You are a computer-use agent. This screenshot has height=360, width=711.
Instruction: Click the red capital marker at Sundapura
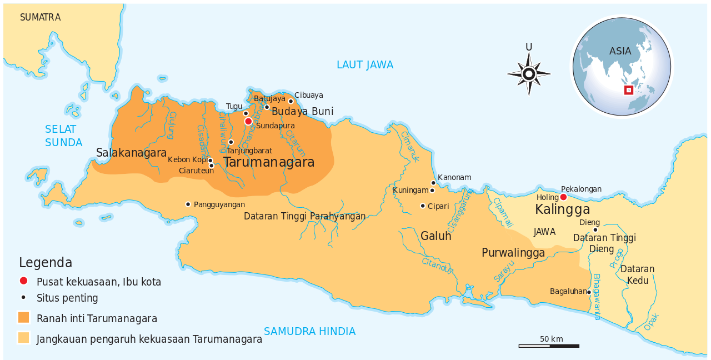pos(248,121)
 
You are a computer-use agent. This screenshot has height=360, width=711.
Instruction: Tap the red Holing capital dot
pos(563,197)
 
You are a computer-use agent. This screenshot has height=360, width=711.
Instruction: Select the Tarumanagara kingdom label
pos(269,162)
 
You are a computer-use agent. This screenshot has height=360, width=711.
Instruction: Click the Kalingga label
pos(562,210)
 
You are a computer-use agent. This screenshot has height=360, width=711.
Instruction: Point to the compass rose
pos(529,74)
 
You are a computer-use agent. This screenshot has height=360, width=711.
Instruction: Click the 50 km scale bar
pos(549,346)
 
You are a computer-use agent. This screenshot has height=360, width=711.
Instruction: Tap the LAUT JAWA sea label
pos(365,65)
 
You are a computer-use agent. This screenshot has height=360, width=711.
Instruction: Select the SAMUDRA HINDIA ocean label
pos(309,332)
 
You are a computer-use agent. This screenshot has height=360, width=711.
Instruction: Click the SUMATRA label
pos(40,18)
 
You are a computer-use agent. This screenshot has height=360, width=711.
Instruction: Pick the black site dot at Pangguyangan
pos(188,204)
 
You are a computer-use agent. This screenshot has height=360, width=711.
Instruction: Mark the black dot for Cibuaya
pos(291,101)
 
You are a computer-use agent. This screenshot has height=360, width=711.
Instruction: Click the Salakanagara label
pos(131,153)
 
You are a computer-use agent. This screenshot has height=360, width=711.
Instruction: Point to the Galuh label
pos(435,236)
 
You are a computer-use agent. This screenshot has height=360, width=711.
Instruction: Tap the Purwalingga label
pos(513,253)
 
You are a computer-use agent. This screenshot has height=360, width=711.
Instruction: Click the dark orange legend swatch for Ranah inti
pos(23,318)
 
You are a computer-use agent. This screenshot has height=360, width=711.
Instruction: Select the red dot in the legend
pos(23,281)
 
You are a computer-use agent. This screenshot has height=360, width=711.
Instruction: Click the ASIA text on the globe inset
pos(620,51)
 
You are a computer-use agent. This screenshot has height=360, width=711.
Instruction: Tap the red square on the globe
pos(629,90)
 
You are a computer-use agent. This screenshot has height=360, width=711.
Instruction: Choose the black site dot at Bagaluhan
pos(589,292)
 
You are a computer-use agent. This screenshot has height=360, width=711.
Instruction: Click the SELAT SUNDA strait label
pos(63,136)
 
